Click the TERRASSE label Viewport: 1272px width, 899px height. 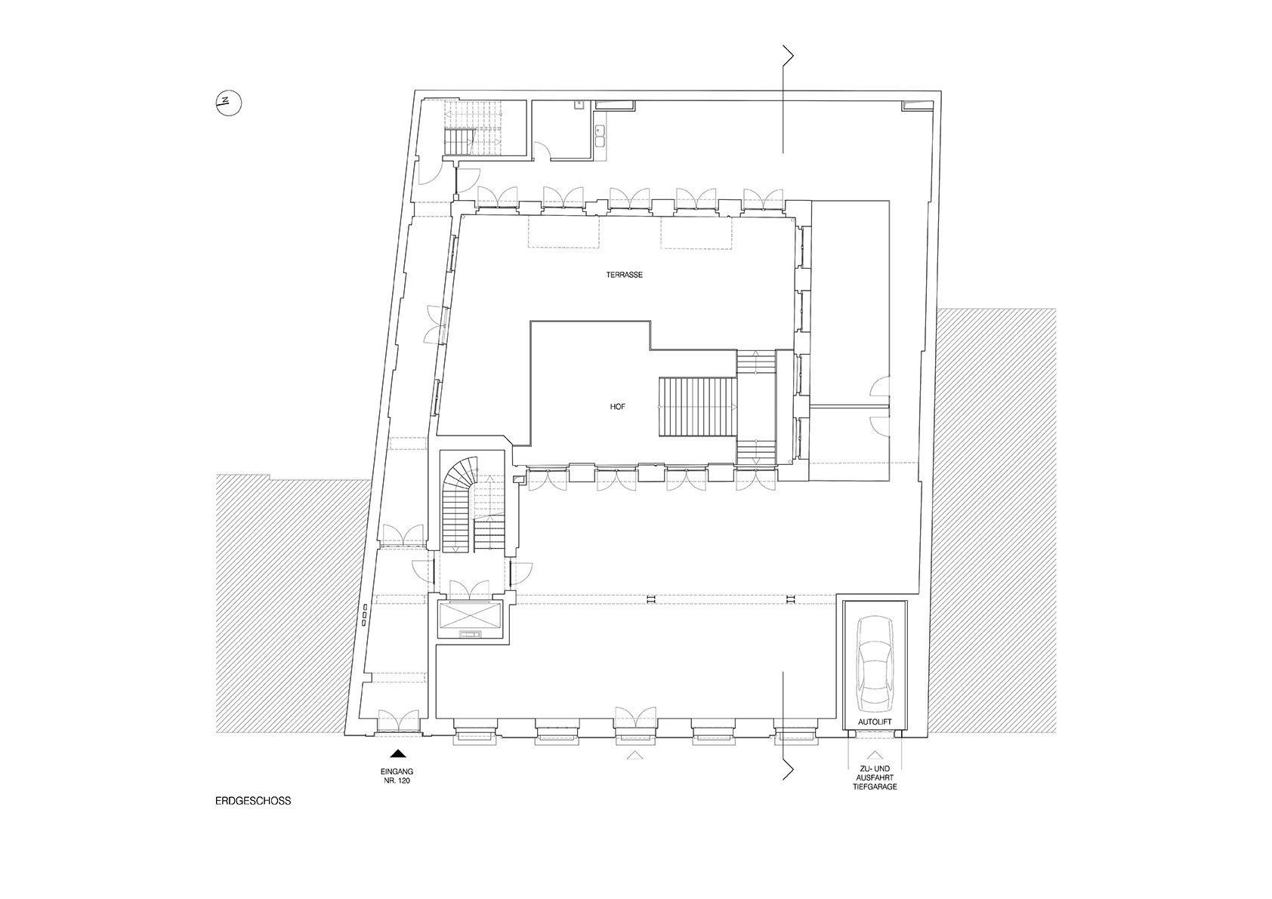tap(624, 275)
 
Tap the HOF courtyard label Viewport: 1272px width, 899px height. tap(617, 407)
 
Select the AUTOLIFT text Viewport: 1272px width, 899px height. tap(875, 722)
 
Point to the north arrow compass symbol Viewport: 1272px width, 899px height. tap(229, 103)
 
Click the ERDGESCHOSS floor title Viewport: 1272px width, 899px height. tap(253, 801)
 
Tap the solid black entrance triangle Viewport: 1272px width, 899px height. tap(398, 754)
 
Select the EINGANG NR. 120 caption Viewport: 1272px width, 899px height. tap(397, 777)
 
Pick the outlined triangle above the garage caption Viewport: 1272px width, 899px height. tap(875, 755)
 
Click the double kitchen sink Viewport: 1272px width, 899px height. tap(600, 134)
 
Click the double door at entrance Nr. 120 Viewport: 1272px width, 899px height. tap(399, 720)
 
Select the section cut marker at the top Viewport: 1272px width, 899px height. tap(786, 100)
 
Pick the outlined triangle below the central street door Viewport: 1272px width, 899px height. tap(634, 755)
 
